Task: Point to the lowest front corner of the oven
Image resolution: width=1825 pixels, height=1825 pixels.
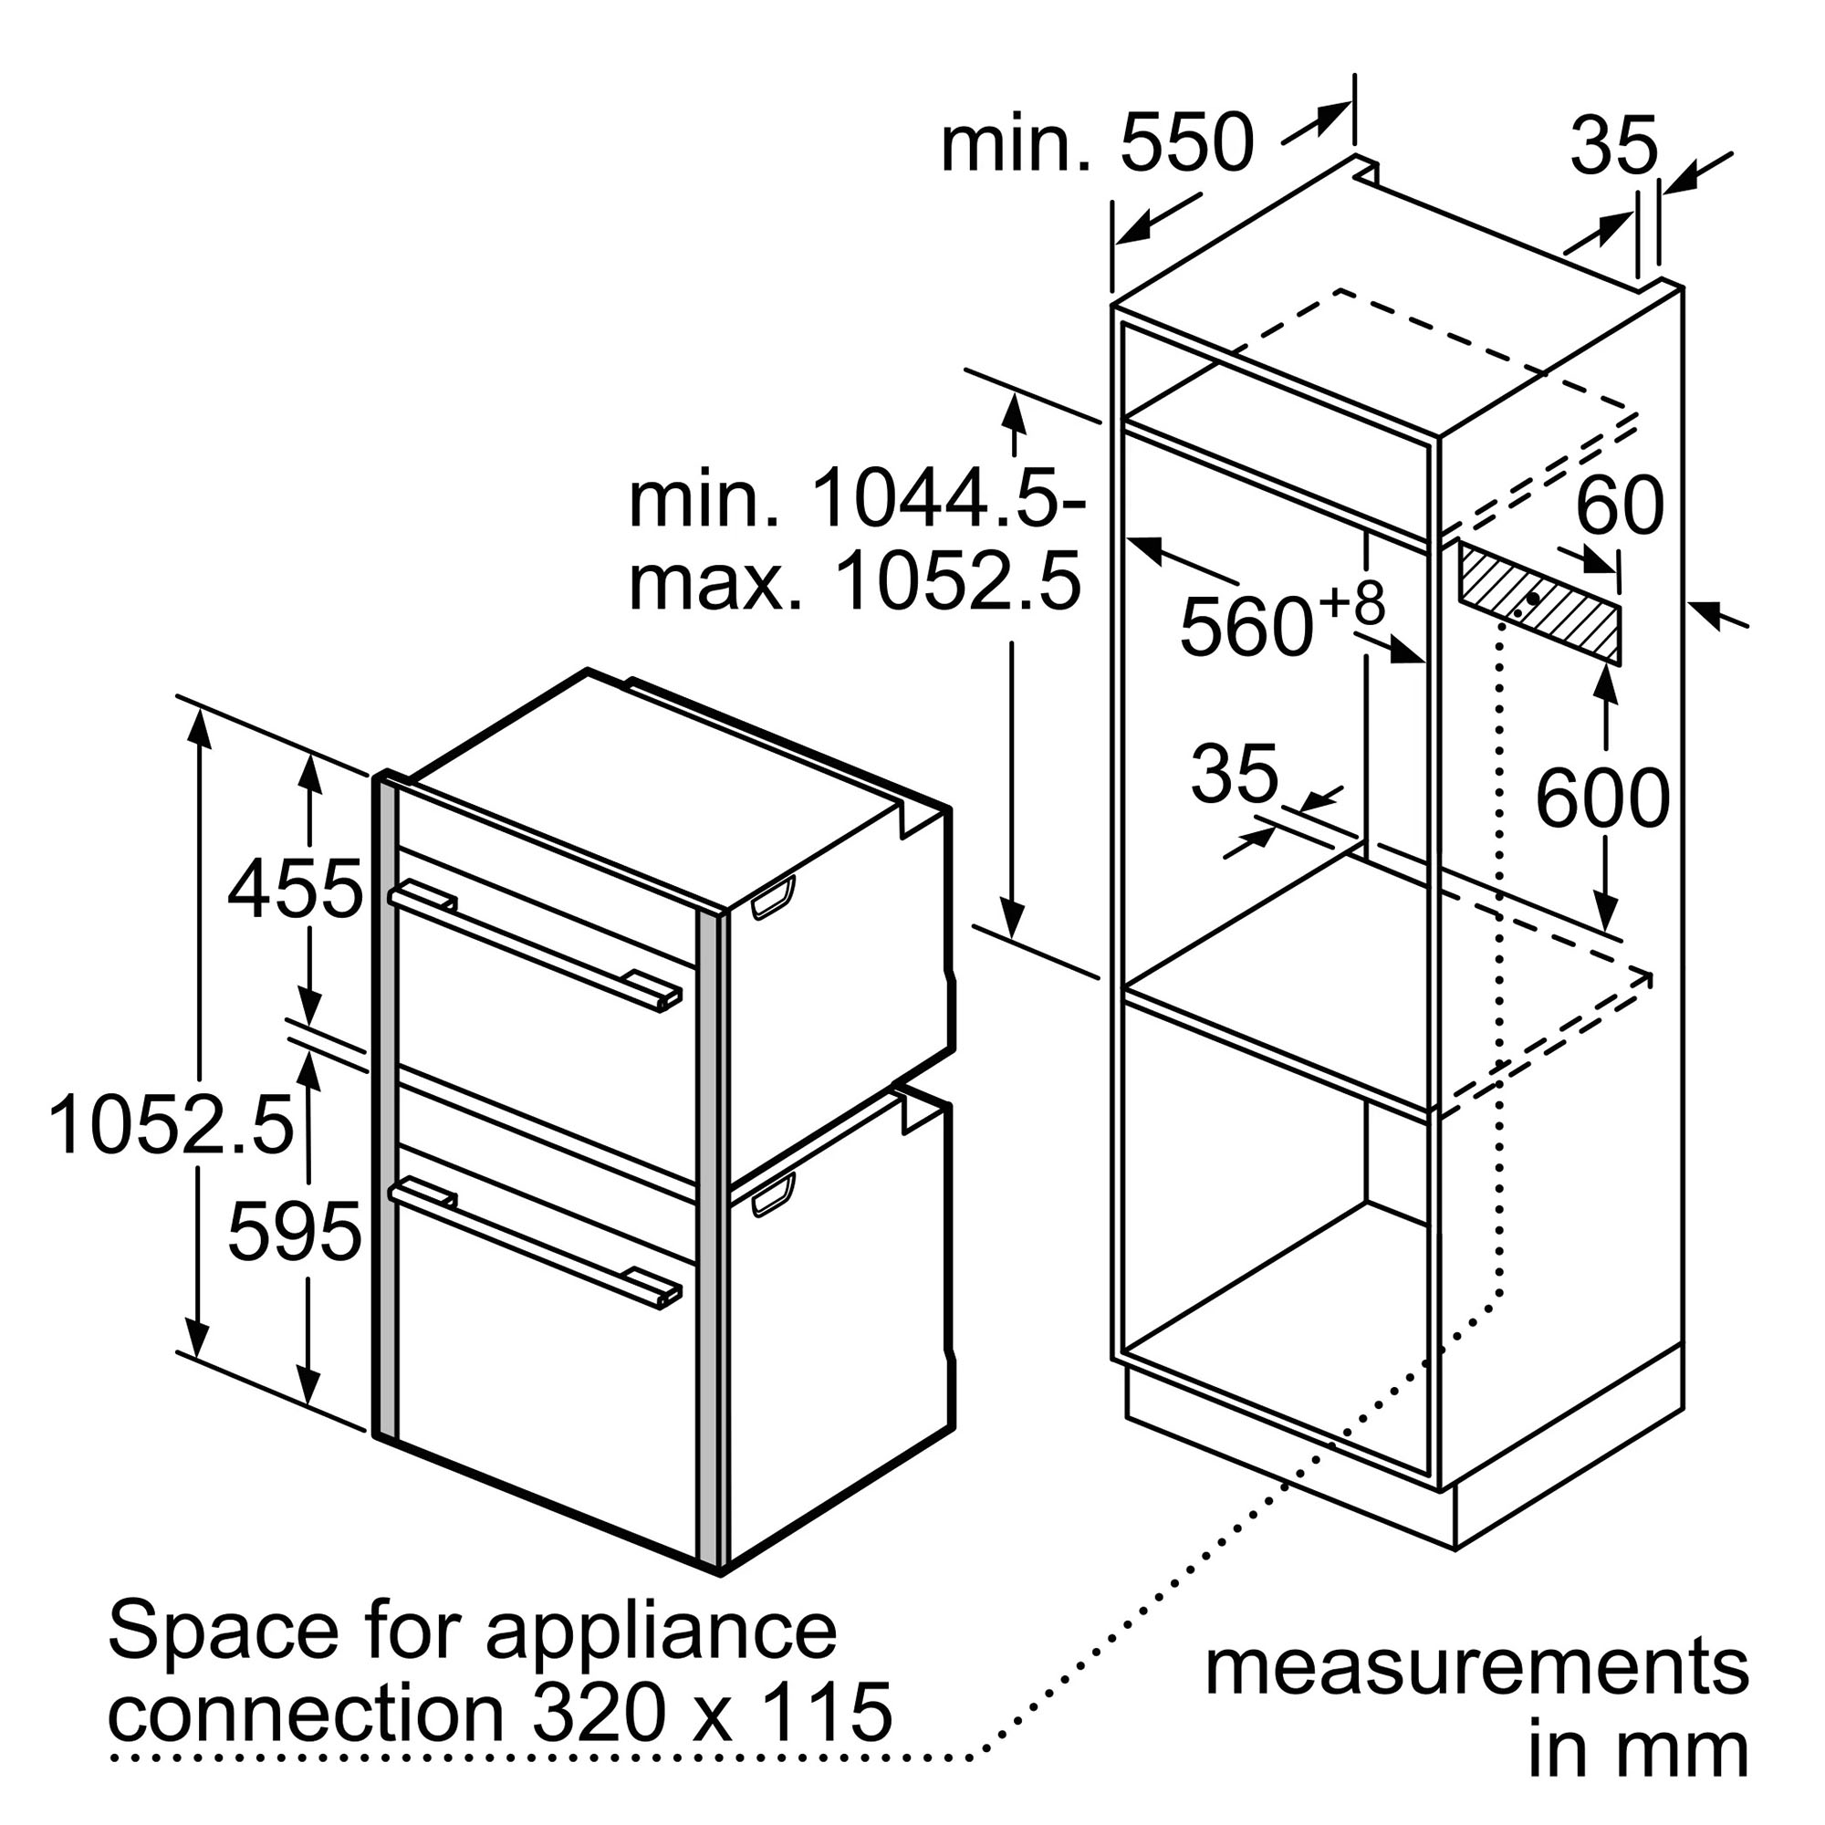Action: tap(722, 1577)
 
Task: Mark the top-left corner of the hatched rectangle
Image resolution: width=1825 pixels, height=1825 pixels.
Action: tap(1458, 541)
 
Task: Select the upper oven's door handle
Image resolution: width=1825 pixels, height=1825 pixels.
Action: tap(536, 947)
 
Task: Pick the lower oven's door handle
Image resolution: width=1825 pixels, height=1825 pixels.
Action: tap(536, 1242)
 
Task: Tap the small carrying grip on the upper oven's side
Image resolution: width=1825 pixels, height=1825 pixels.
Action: tap(774, 897)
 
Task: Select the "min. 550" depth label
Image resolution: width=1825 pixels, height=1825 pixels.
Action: tap(1098, 144)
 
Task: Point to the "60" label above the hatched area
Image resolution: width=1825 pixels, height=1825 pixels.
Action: tap(1619, 506)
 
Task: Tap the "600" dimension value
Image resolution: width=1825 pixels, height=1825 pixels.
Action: tap(1603, 799)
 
